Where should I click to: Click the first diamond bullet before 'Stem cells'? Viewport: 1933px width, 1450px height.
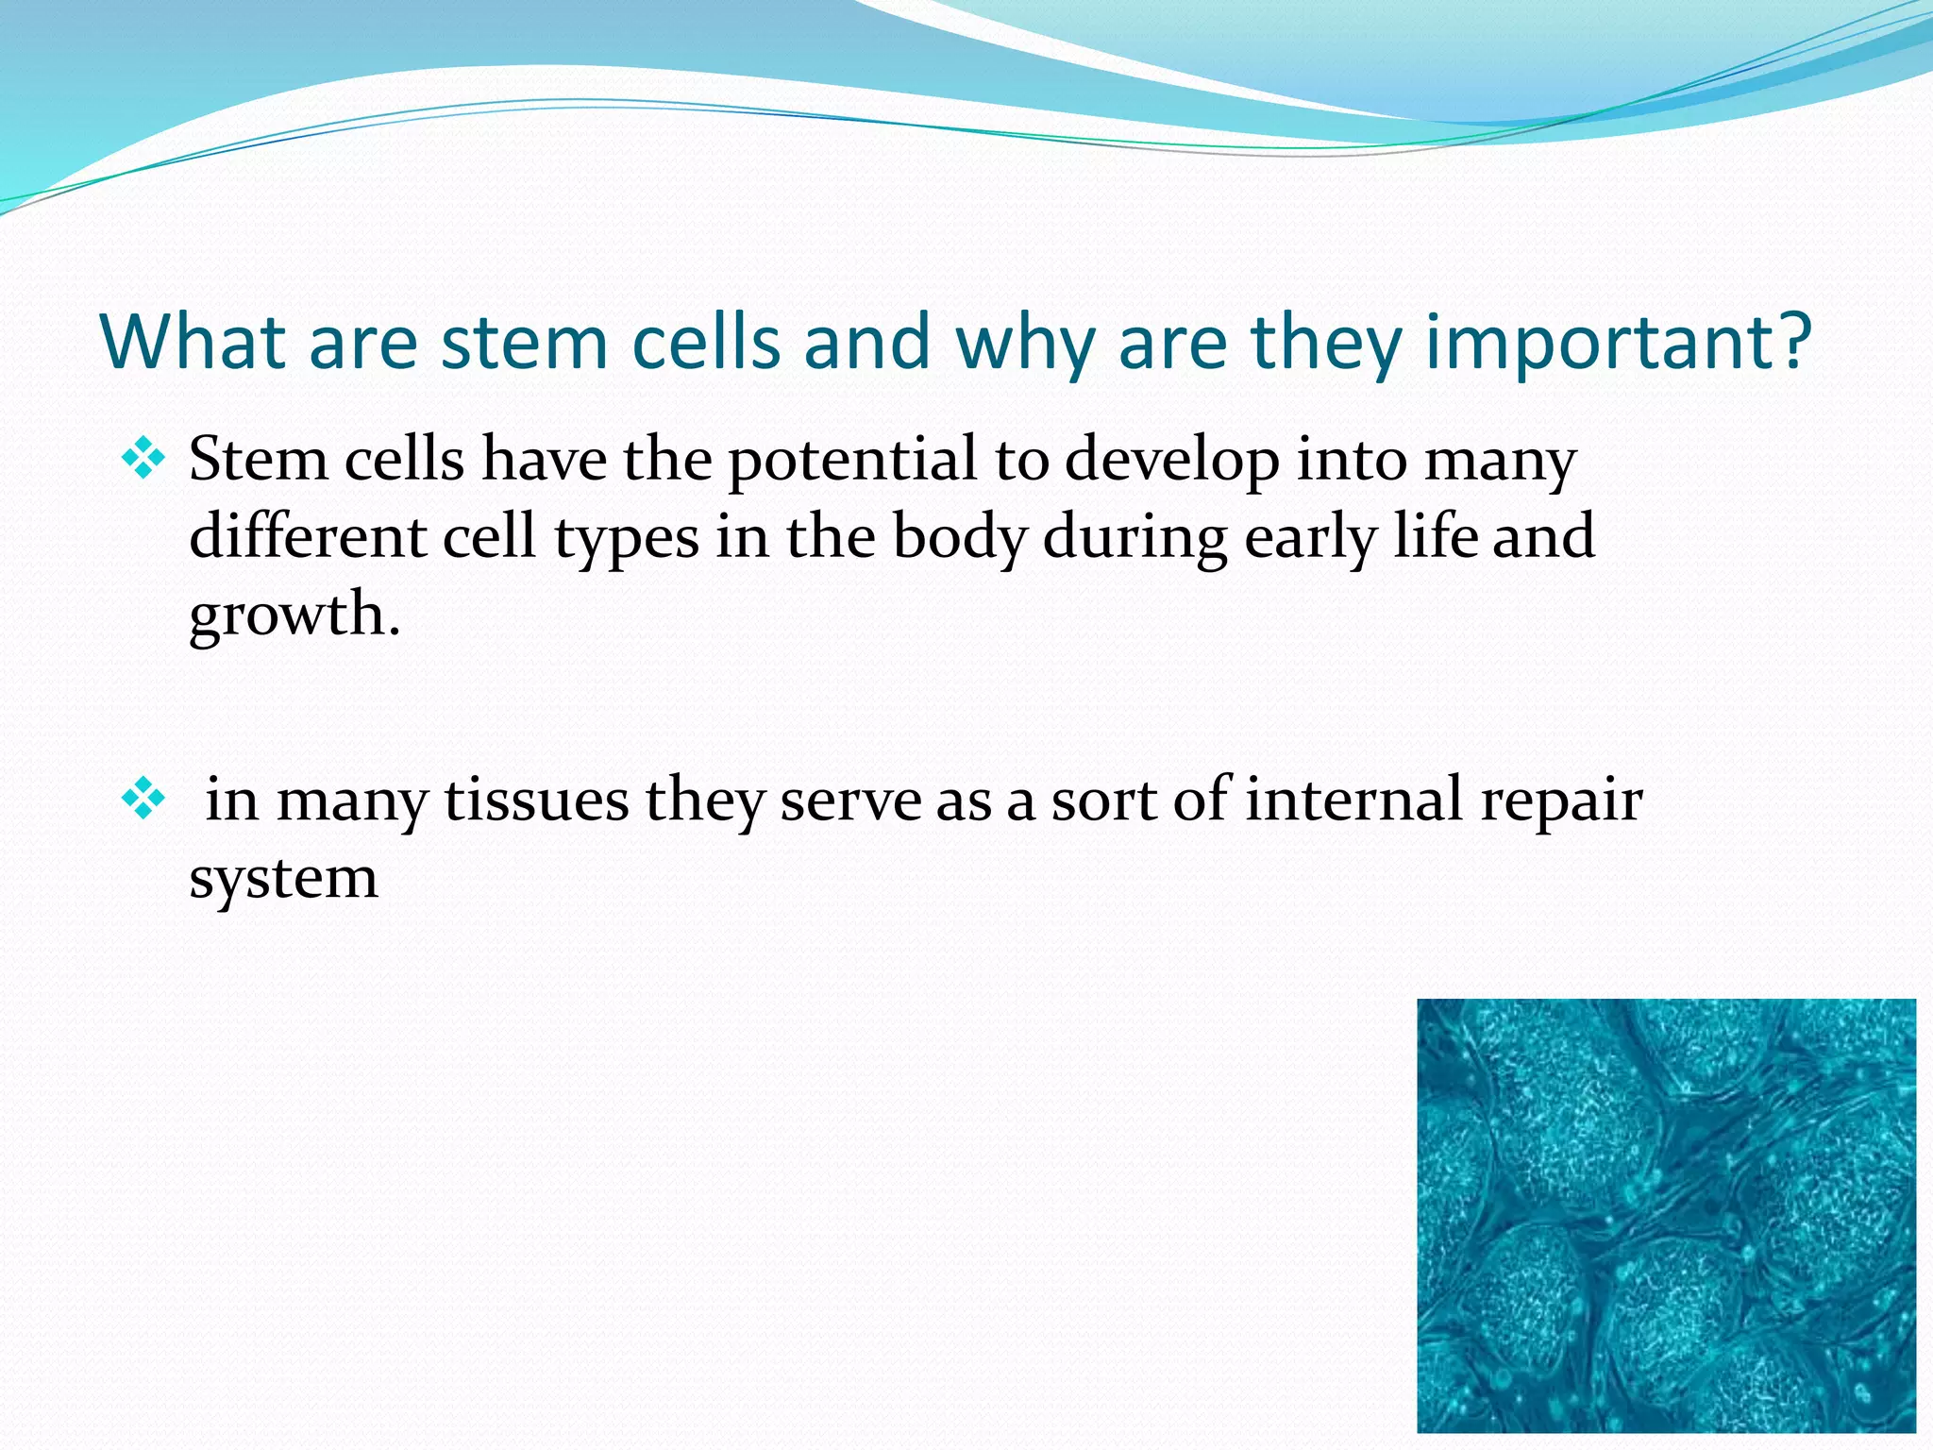pos(143,460)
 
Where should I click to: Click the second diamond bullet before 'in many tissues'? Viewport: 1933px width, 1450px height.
pos(143,799)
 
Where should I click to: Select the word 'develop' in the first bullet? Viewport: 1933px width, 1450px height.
pos(1171,463)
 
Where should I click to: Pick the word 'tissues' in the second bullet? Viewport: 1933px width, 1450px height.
pos(536,801)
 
